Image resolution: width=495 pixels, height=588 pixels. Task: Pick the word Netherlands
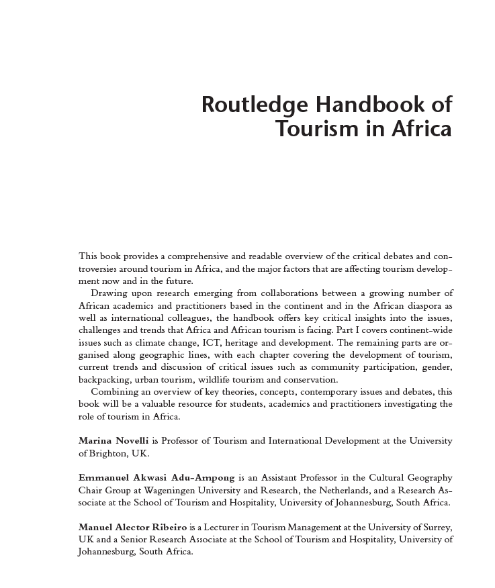[330, 490]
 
